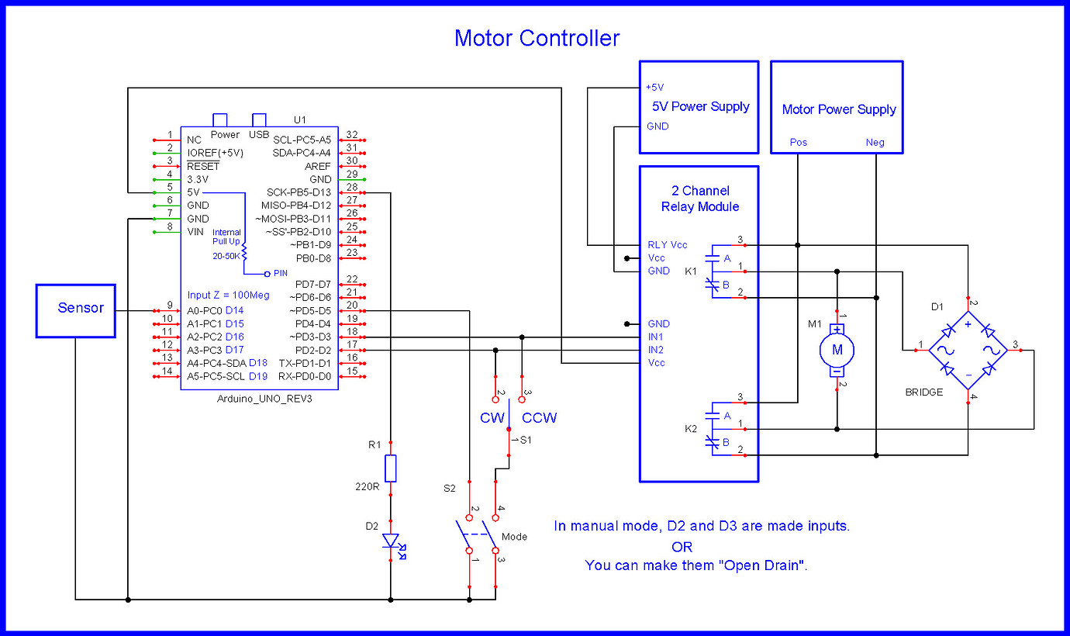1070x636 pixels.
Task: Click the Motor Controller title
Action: coord(537,38)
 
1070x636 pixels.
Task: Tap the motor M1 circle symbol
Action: coord(837,350)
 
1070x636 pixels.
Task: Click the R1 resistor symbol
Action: coord(391,468)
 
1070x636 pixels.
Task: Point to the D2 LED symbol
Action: coord(391,541)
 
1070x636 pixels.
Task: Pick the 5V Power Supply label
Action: coord(699,106)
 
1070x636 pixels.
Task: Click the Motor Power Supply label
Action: coord(838,109)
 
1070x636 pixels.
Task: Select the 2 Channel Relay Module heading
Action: coord(699,199)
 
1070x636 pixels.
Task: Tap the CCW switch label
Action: coord(540,418)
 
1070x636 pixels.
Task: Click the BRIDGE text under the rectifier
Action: coord(924,392)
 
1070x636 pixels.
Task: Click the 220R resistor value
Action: coord(366,488)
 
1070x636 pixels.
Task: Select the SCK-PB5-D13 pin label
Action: coord(299,192)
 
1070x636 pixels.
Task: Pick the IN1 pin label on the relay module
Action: coord(656,337)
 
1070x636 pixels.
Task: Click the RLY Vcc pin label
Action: coord(667,244)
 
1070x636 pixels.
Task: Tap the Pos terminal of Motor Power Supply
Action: coord(798,143)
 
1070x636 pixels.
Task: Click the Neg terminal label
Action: coord(875,143)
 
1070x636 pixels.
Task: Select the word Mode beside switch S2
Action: coord(514,536)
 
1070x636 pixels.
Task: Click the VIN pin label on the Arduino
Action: coord(195,232)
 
